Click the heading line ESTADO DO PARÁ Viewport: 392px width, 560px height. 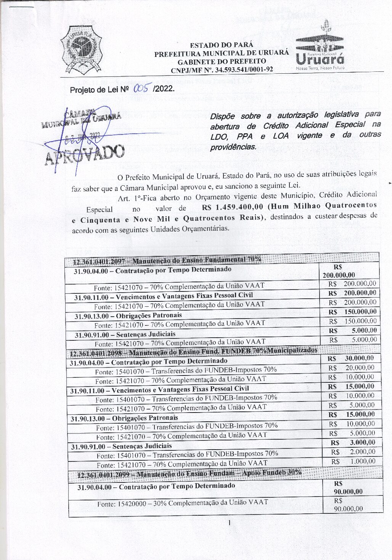click(221, 45)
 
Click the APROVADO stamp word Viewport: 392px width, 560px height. click(85, 154)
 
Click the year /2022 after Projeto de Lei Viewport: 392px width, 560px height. click(163, 89)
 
